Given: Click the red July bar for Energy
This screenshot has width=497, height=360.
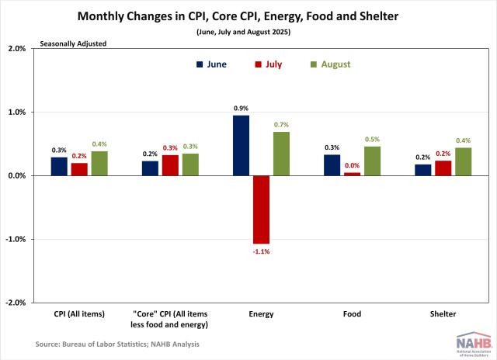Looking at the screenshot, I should (x=261, y=209).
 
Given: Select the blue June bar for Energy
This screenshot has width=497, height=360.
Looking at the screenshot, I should (x=242, y=146).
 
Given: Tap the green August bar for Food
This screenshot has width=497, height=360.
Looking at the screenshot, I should (x=372, y=161).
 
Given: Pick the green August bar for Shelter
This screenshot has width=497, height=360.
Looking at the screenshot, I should (x=464, y=162).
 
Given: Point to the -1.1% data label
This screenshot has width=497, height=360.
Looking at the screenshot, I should (x=261, y=251).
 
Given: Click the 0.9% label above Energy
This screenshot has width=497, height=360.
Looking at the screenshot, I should (x=242, y=108).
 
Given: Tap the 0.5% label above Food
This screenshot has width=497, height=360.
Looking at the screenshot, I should (x=373, y=140).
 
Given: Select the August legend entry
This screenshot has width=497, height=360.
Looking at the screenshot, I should (x=330, y=64).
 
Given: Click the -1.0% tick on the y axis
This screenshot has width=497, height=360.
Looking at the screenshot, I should (x=15, y=239).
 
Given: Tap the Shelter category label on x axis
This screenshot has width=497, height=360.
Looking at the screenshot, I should (x=444, y=314).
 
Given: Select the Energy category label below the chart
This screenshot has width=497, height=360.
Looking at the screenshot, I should (x=261, y=314).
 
